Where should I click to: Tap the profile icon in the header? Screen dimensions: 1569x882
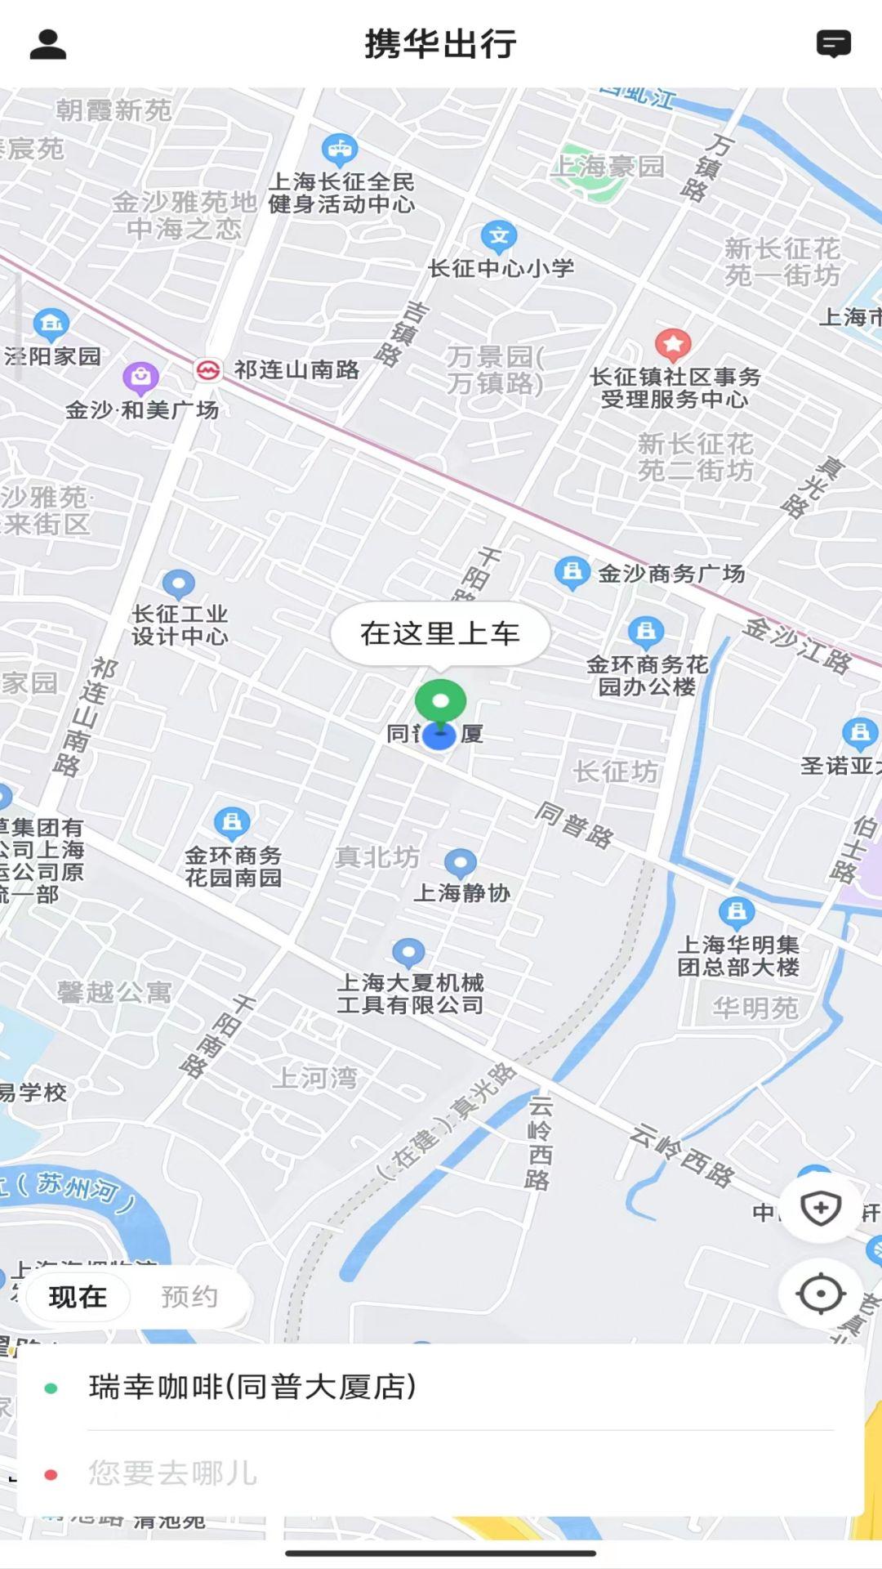pyautogui.click(x=47, y=44)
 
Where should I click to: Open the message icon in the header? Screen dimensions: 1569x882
pyautogui.click(x=833, y=44)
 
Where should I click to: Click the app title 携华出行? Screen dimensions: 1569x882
pyautogui.click(x=440, y=44)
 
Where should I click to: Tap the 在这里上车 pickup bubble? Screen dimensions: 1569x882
pyautogui.click(x=440, y=633)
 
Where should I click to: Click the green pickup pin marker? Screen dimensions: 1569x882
pyautogui.click(x=440, y=702)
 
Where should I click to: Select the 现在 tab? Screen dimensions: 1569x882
pyautogui.click(x=78, y=1297)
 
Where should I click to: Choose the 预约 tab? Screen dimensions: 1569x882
pyautogui.click(x=189, y=1297)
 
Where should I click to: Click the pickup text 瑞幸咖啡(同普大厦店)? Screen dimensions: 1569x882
pyautogui.click(x=252, y=1387)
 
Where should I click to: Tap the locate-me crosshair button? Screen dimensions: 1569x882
pyautogui.click(x=820, y=1294)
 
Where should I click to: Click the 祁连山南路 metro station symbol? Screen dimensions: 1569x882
pyautogui.click(x=208, y=370)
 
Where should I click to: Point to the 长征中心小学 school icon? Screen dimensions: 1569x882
pyautogui.click(x=499, y=237)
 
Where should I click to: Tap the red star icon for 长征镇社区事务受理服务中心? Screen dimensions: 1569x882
pyautogui.click(x=673, y=345)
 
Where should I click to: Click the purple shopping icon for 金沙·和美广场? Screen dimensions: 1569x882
pyautogui.click(x=140, y=378)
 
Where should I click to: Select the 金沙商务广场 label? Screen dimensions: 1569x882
pyautogui.click(x=671, y=574)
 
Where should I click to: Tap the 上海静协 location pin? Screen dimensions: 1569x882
pyautogui.click(x=461, y=862)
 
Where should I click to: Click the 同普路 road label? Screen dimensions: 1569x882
pyautogui.click(x=574, y=825)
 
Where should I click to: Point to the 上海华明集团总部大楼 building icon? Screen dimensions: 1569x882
pyautogui.click(x=737, y=911)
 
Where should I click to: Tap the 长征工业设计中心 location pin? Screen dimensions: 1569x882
pyautogui.click(x=179, y=584)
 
